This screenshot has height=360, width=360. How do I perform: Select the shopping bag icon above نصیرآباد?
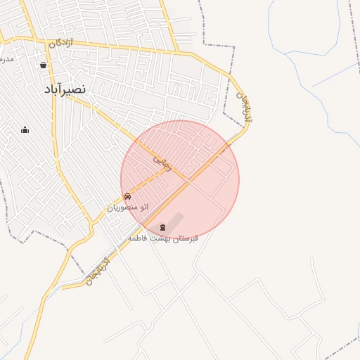click(x=44, y=65)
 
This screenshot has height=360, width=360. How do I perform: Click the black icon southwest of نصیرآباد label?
click(x=25, y=129)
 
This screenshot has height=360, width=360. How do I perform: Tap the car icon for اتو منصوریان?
click(x=127, y=196)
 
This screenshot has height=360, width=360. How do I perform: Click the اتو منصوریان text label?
click(x=127, y=207)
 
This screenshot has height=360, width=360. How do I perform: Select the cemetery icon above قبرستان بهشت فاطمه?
click(x=164, y=226)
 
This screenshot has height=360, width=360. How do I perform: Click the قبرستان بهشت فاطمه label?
click(x=163, y=238)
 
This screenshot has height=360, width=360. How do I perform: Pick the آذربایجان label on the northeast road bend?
click(x=243, y=105)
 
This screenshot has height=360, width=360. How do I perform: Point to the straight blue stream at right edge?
click(x=336, y=73)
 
